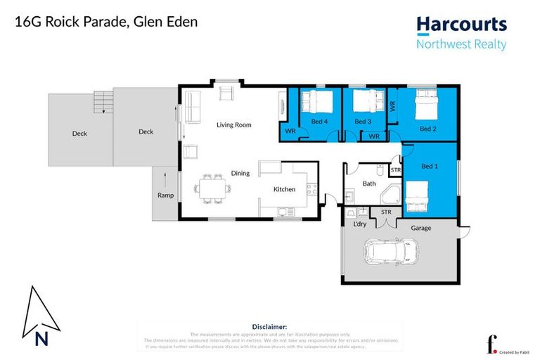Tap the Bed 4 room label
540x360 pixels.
tap(310, 122)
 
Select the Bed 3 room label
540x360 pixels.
tap(362, 122)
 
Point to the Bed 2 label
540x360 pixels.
tap(428, 129)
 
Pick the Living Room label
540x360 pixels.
tap(233, 125)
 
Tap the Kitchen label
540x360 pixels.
tap(284, 189)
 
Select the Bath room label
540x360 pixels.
tap(368, 184)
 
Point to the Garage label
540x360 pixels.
tap(421, 228)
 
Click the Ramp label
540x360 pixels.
tap(165, 195)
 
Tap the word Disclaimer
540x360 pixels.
tap(269, 327)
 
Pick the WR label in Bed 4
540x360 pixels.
tap(290, 131)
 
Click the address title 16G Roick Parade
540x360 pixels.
tap(105, 22)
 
